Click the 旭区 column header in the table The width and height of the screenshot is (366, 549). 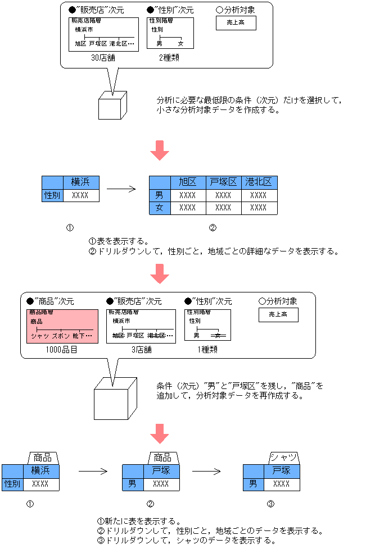tap(188, 182)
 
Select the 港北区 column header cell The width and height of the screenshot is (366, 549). tap(259, 182)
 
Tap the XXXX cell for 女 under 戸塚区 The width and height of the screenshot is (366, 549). tap(223, 208)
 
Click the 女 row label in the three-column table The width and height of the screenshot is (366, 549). tap(160, 208)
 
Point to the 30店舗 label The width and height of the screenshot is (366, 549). tap(103, 57)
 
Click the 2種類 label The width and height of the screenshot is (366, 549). tap(168, 57)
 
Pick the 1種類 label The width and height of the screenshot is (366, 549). tap(207, 349)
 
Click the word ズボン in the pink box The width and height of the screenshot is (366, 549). tap(61, 336)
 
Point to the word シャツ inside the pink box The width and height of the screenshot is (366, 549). tap(40, 336)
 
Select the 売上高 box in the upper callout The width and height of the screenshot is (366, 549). tap(236, 22)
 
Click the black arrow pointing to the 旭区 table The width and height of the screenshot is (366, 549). tap(121, 189)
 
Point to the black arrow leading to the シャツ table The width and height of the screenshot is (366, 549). tap(205, 471)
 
